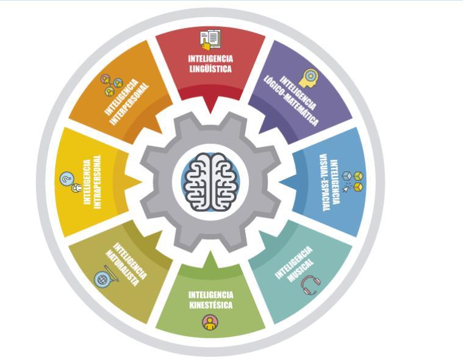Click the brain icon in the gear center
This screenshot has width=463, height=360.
[210, 179]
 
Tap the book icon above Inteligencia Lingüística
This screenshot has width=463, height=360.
[210, 40]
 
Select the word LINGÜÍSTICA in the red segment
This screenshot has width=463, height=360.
[210, 69]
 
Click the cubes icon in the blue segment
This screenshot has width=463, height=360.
[350, 180]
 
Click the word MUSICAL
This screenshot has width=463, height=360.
[301, 267]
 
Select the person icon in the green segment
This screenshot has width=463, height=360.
[210, 322]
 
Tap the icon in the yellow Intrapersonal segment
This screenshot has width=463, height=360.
[69, 181]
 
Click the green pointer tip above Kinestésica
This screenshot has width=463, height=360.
[210, 252]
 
